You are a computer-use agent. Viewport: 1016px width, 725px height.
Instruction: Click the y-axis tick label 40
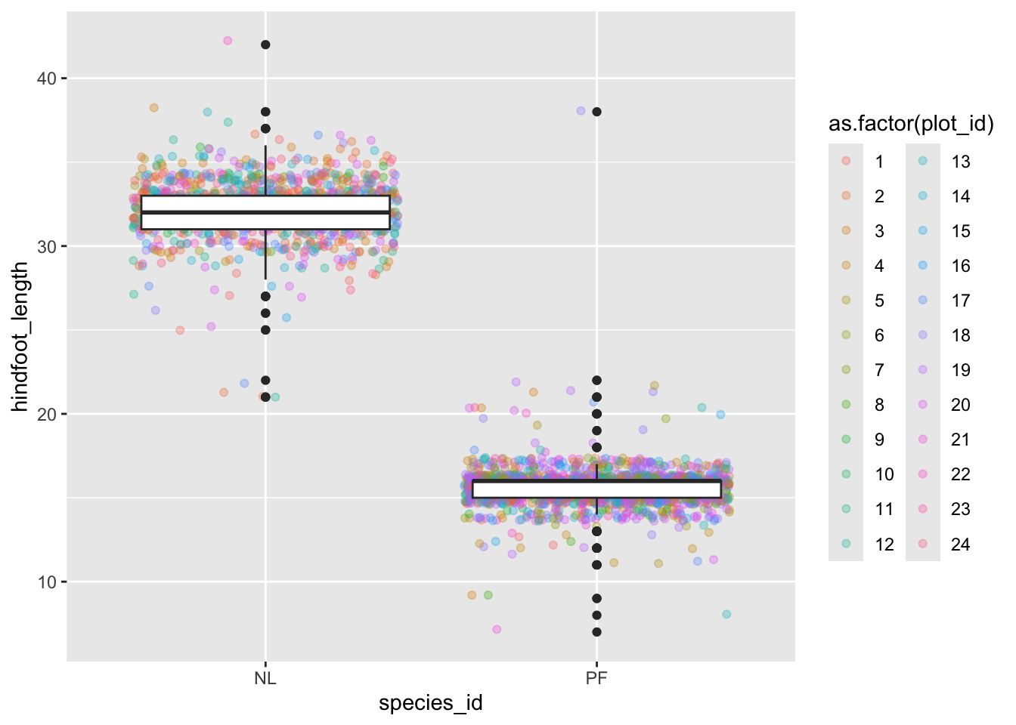coord(47,79)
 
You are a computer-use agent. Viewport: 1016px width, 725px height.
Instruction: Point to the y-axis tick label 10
coord(47,582)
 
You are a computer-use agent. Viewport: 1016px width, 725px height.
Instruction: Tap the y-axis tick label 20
coord(47,415)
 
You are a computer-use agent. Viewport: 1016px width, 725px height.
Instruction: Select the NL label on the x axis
coord(265,678)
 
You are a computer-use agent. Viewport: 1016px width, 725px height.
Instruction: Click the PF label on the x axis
coord(596,678)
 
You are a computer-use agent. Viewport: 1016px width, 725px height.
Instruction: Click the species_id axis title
coord(430,704)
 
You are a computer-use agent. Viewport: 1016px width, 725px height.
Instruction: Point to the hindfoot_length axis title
coord(20,337)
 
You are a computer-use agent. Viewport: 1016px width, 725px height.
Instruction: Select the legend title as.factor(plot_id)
coord(911,124)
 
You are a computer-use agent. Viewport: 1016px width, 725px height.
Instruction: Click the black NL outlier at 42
coord(265,45)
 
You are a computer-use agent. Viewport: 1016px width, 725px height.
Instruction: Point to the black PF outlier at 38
coord(596,112)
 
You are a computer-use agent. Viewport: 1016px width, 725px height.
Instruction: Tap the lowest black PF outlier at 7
coord(596,632)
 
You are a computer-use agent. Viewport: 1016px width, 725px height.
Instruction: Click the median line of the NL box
coord(265,213)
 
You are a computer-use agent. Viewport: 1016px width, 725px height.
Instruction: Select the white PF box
coord(596,489)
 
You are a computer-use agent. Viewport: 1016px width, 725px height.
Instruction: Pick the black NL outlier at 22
coord(265,381)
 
